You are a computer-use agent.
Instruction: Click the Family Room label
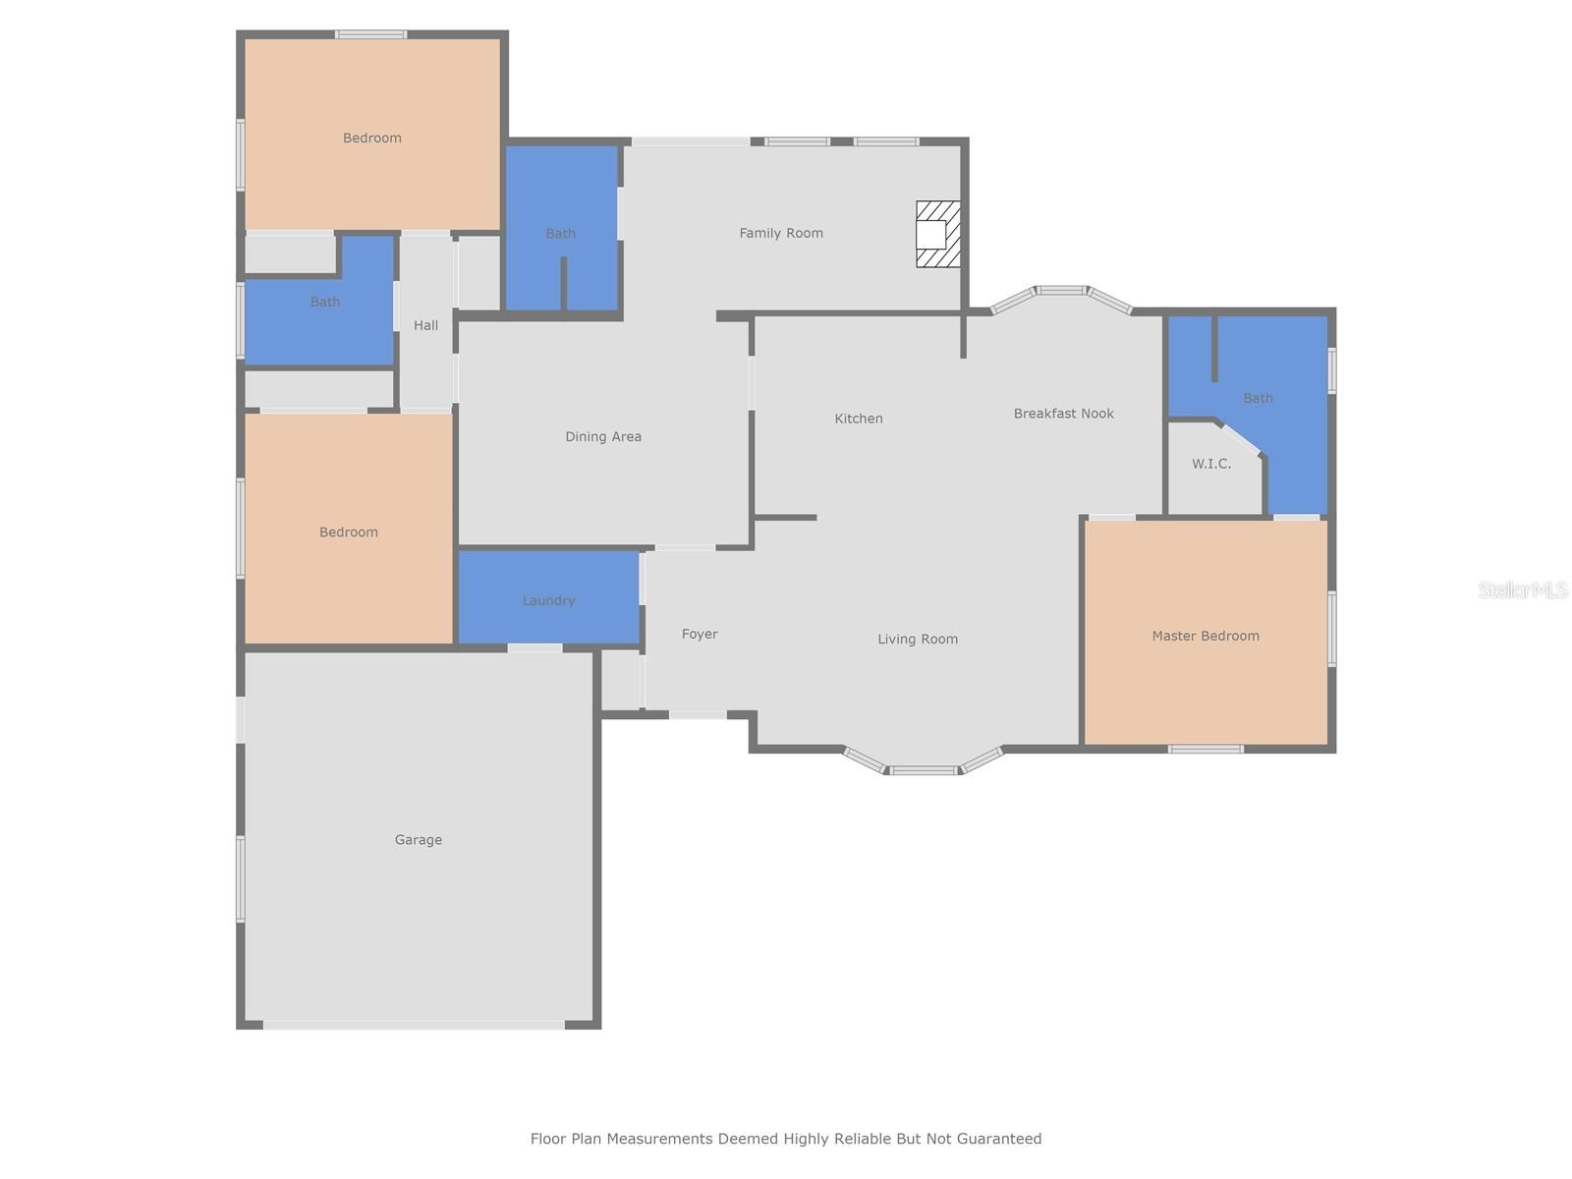coord(781,234)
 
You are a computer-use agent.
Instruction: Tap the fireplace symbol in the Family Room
coord(937,234)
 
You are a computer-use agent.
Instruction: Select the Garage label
coord(419,840)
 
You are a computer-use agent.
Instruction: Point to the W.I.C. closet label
coord(1211,464)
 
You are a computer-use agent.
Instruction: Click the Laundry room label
coord(548,600)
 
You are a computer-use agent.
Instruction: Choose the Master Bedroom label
coord(1206,636)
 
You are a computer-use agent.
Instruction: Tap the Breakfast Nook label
coord(1063,413)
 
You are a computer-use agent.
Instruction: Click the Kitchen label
coord(859,419)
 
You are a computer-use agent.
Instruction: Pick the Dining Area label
coord(603,436)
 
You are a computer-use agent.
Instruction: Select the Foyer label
coord(700,635)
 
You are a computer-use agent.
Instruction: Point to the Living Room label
coord(918,640)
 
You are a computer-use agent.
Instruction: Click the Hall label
coord(425,326)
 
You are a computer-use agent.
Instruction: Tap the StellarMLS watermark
coord(1523,589)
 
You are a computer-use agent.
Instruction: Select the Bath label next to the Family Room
coord(560,234)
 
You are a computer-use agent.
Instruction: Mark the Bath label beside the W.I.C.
coord(1258,398)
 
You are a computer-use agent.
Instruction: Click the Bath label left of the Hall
coord(325,302)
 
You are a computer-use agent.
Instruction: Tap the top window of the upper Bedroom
coord(371,34)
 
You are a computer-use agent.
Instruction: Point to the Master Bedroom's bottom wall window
coord(1206,749)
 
